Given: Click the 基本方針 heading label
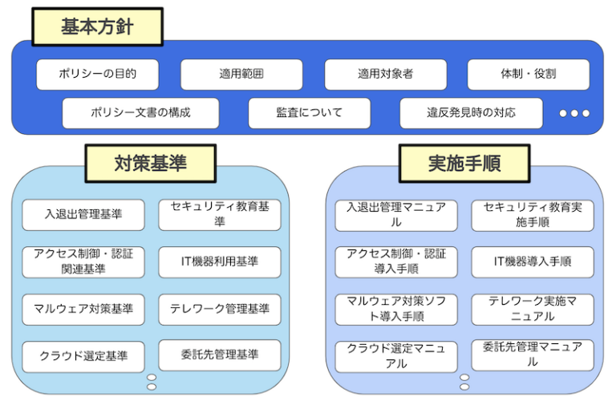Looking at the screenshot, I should point(97,27).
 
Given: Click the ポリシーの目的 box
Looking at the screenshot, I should point(97,75).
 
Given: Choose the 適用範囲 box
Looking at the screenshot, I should point(241,75).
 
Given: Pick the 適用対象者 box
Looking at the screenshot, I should point(385,75).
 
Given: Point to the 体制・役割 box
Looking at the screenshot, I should point(528,75).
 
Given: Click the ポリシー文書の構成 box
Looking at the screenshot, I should point(140,113).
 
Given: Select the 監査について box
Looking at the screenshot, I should point(309,113).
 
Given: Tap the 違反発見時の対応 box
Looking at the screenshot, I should point(471,113).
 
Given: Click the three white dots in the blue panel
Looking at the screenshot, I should point(574,114).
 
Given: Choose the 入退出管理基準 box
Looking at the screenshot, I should point(83,215).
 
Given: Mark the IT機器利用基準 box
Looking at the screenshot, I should point(220,262).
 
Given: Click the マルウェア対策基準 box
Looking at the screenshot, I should point(83,309).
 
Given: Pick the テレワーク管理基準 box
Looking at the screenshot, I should point(220,309).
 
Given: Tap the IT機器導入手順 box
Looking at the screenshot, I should point(533,262).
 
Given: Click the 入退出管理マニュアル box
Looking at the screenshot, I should point(396,215).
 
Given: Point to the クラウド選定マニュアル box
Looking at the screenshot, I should point(396,356).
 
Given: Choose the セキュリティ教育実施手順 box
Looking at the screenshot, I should point(533,215).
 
